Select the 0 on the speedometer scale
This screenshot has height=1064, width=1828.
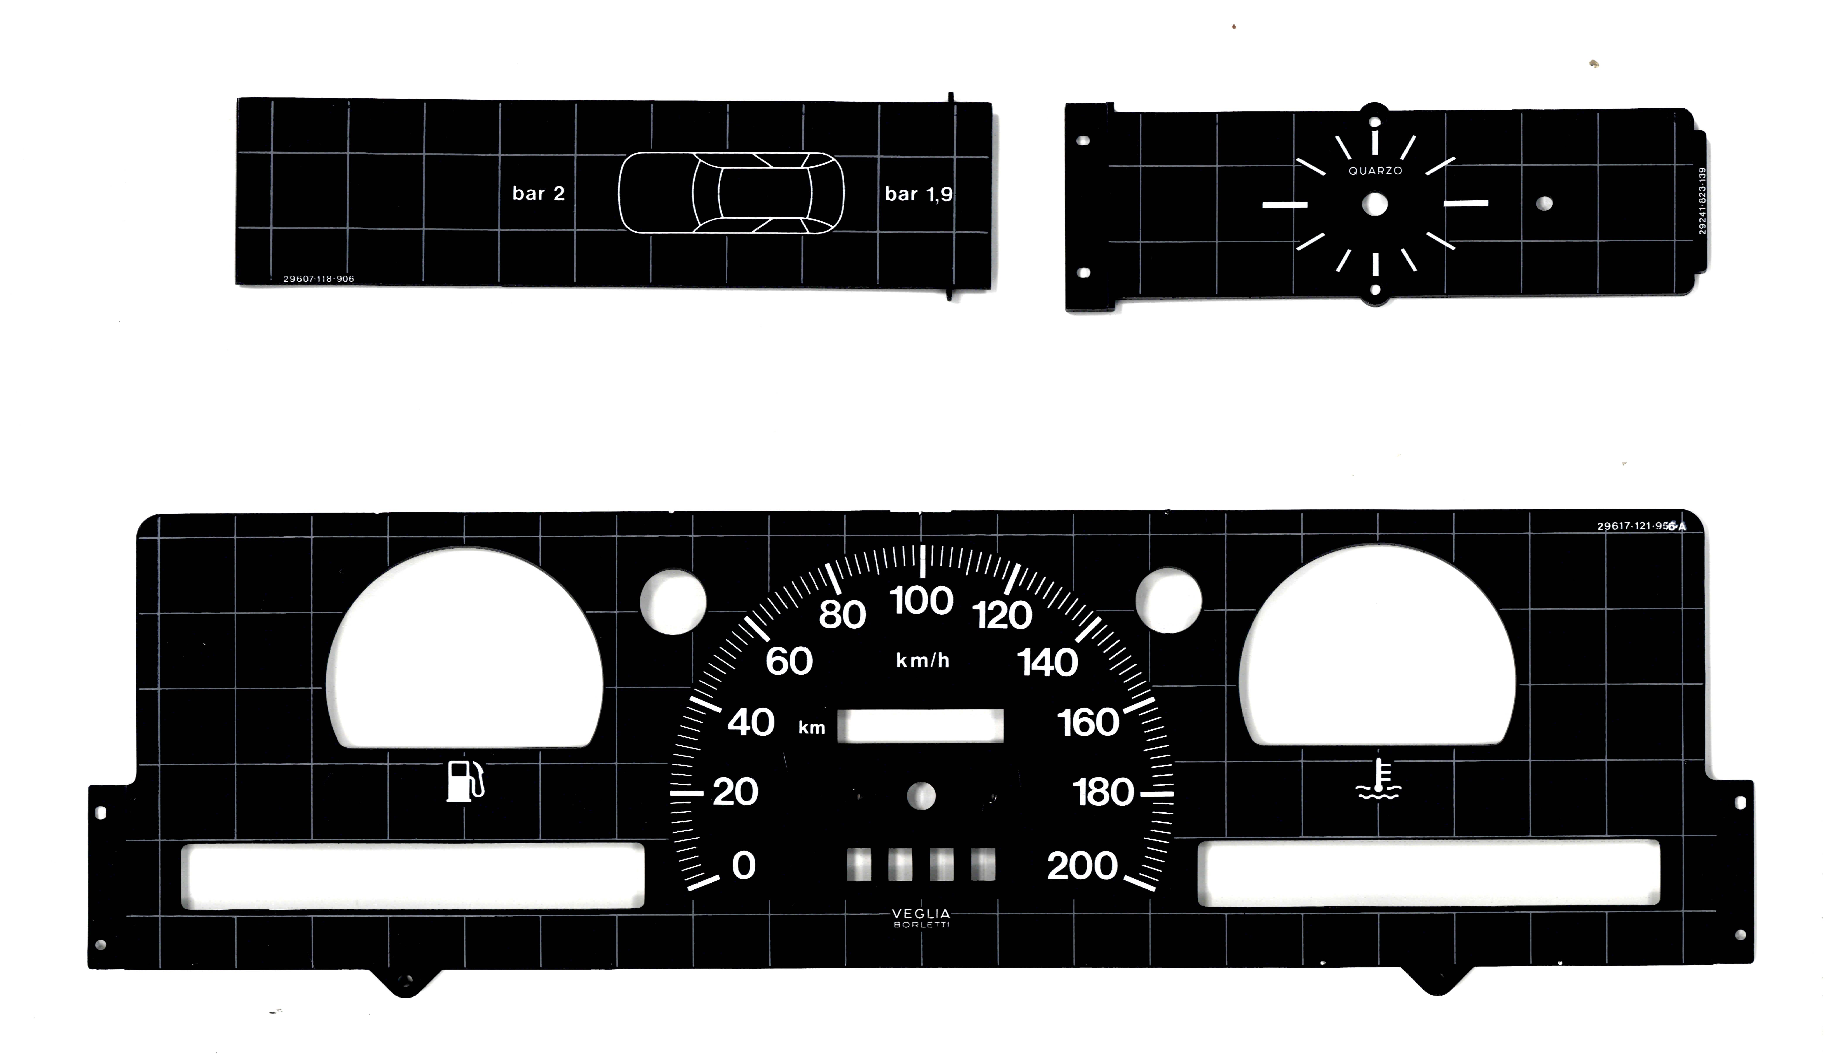pyautogui.click(x=743, y=865)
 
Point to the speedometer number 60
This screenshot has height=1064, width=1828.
pyautogui.click(x=789, y=662)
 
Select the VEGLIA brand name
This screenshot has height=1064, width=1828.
pyautogui.click(x=921, y=914)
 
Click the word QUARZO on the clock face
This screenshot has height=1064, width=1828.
pyautogui.click(x=1375, y=171)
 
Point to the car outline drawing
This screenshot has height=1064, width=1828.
pyautogui.click(x=731, y=193)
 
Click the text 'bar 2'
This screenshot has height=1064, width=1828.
pyautogui.click(x=538, y=194)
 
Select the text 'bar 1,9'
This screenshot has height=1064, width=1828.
pyautogui.click(x=918, y=194)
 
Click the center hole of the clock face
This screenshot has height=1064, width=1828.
pyautogui.click(x=1375, y=205)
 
